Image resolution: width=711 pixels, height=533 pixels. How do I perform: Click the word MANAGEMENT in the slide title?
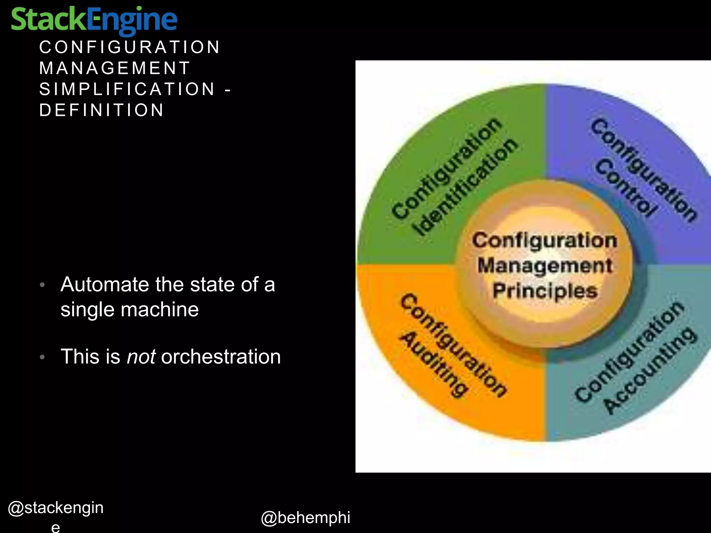[x=115, y=68]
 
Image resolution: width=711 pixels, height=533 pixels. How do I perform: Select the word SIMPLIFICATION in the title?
[x=127, y=89]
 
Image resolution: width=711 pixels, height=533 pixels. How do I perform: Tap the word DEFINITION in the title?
[x=101, y=110]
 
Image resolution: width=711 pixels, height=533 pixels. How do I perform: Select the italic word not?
[x=141, y=357]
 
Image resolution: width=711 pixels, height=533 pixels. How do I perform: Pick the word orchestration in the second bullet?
[x=221, y=357]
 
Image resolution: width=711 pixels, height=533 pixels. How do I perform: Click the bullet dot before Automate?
[x=42, y=285]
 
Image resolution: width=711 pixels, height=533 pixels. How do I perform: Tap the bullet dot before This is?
[x=42, y=357]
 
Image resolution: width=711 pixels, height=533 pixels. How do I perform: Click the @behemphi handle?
[x=306, y=517]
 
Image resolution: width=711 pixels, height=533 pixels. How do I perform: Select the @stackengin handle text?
[x=56, y=508]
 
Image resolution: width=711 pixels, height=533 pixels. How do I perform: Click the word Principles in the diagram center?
[x=545, y=291]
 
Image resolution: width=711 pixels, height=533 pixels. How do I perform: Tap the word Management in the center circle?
[x=545, y=266]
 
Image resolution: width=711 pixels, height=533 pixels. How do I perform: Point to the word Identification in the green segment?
[x=465, y=187]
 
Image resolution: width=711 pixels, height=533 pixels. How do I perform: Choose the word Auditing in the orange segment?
[x=434, y=364]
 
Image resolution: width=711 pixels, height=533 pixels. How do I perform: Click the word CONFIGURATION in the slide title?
[x=129, y=47]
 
